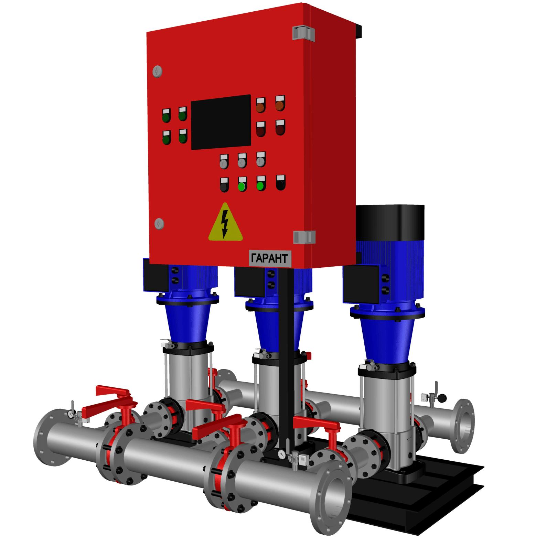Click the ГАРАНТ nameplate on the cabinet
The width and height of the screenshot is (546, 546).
(x=268, y=259)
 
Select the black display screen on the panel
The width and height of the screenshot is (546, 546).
(x=221, y=122)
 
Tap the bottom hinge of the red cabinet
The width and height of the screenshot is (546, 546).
(x=304, y=237)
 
